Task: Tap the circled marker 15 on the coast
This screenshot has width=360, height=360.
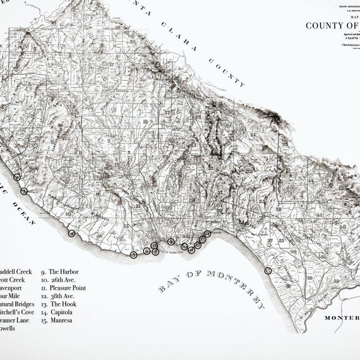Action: [x=268, y=270]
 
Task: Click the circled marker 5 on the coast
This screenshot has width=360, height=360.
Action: [x=133, y=255]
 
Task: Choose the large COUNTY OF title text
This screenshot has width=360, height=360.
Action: [x=332, y=26]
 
